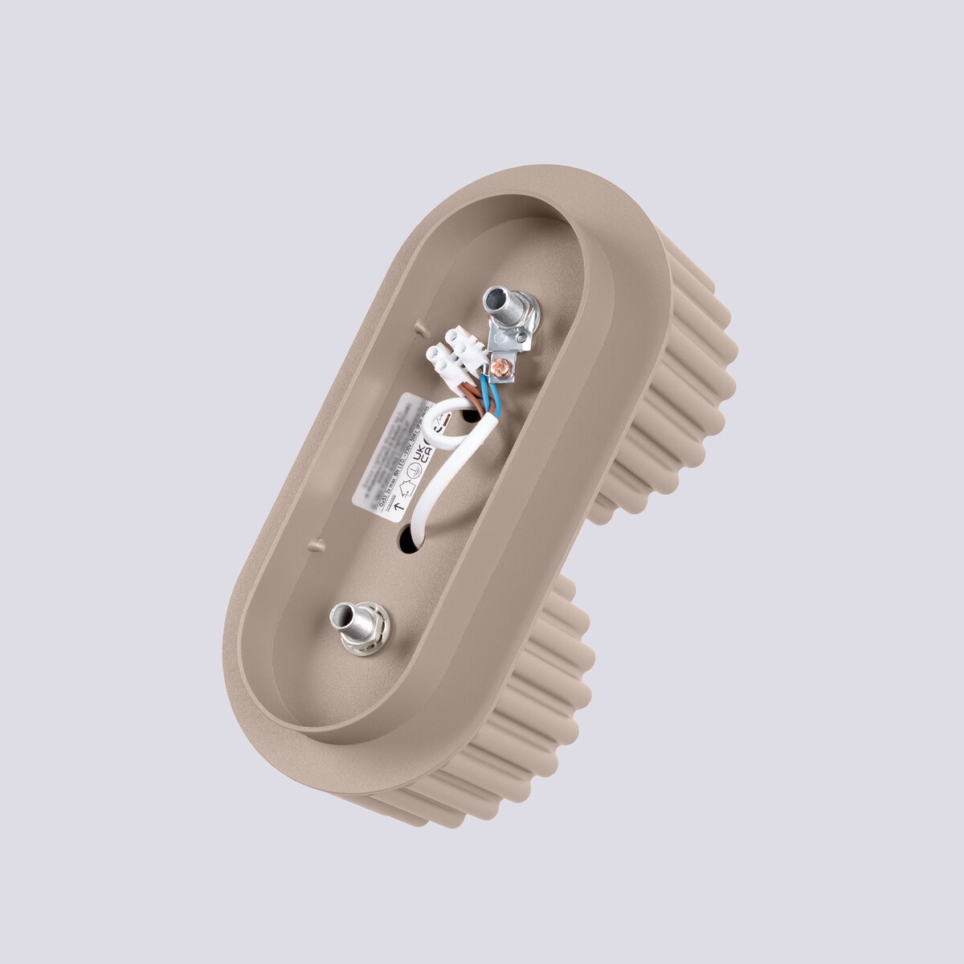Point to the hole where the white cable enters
point(409,538)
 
